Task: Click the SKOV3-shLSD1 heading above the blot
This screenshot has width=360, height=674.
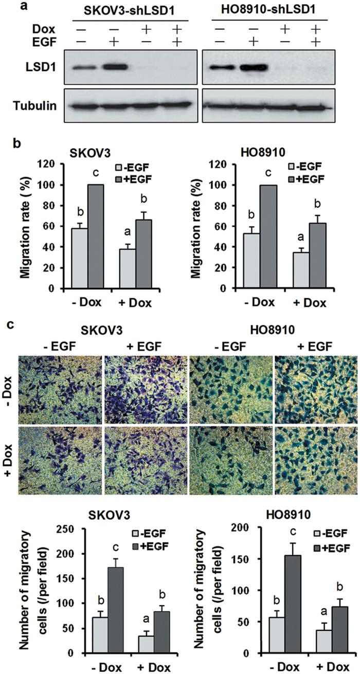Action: [124, 11]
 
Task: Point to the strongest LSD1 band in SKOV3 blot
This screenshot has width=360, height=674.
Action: [114, 68]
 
